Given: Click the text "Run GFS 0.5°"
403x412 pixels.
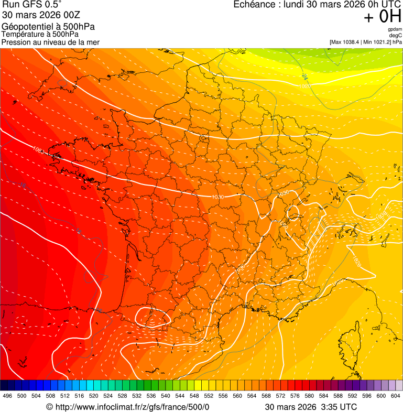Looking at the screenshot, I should point(32,5).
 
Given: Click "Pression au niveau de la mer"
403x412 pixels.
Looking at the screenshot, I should point(50,42).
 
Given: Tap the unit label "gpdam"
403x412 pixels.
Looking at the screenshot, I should point(395,29).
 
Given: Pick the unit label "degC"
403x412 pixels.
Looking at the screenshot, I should point(396,36).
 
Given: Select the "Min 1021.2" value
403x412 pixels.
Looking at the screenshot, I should point(376,42).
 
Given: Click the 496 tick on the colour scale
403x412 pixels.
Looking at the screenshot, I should point(7,396).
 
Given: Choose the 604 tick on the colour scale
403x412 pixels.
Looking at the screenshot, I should point(396,396).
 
